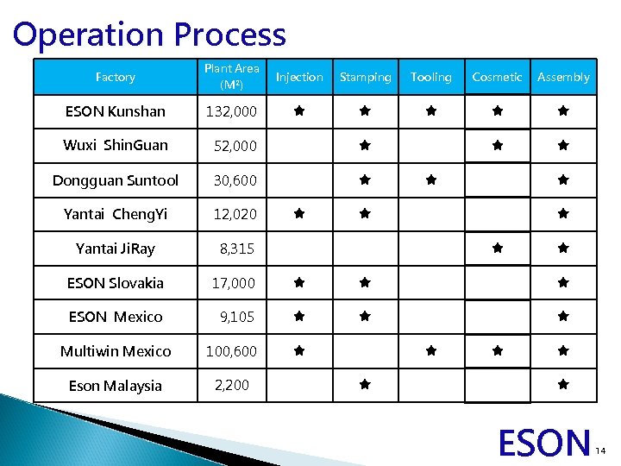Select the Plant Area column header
[231, 77]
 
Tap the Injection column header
[299, 77]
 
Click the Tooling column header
[431, 77]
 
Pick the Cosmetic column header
[497, 77]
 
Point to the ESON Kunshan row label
[116, 111]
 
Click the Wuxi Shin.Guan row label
[116, 145]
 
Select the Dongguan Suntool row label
[116, 180]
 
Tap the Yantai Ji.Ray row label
[116, 249]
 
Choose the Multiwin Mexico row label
[116, 351]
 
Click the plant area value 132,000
[230, 111]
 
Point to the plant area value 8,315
[236, 249]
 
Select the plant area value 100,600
[230, 351]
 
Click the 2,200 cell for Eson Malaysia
[231, 385]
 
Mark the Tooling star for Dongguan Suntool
[431, 180]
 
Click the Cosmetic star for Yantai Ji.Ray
[497, 248]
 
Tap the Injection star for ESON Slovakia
[298, 282]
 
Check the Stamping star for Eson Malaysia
[365, 383]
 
